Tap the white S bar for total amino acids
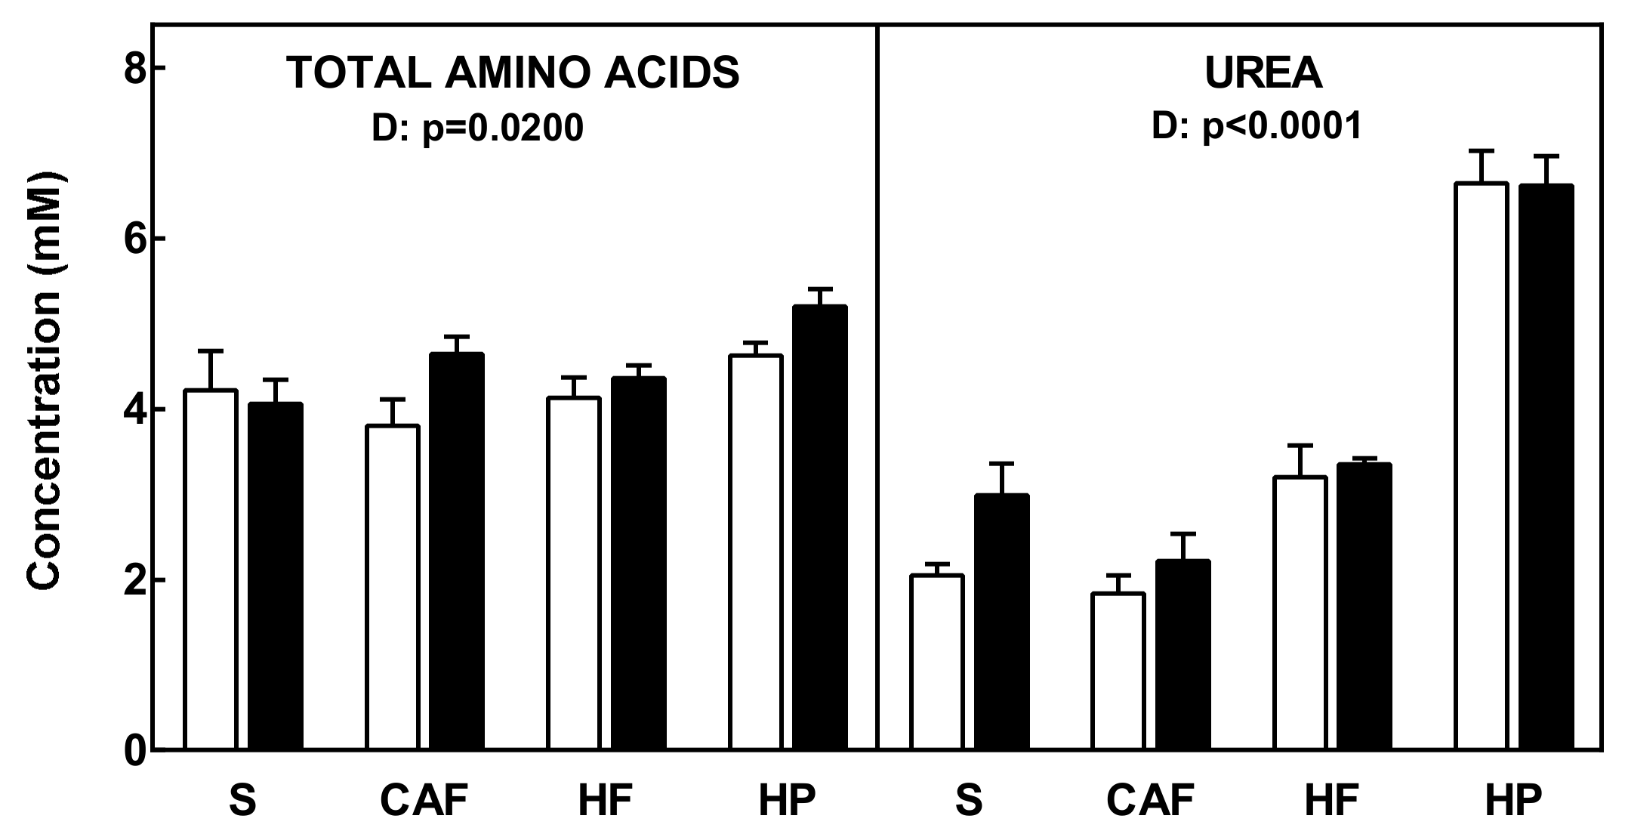click(x=211, y=570)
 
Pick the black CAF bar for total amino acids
click(x=457, y=551)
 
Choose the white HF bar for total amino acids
click(x=574, y=573)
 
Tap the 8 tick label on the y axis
click(x=135, y=69)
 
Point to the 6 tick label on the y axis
click(x=135, y=239)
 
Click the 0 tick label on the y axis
click(x=135, y=752)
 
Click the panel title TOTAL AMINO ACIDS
click(x=513, y=73)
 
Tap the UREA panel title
click(x=1263, y=73)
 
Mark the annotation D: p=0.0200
click(x=477, y=128)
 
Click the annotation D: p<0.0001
click(x=1257, y=125)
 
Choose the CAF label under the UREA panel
click(x=1151, y=801)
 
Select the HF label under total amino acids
click(x=604, y=801)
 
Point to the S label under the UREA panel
click(x=969, y=801)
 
